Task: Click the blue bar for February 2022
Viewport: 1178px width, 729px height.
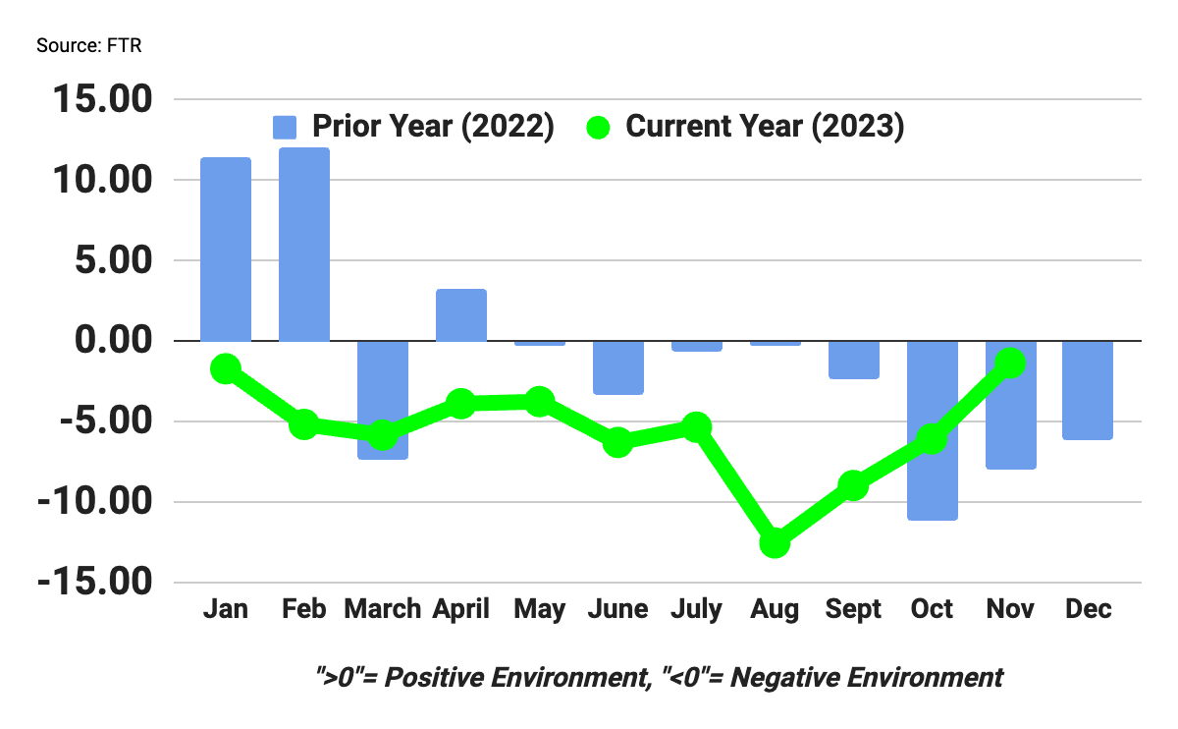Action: [303, 245]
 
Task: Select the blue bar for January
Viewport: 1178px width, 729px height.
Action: [225, 250]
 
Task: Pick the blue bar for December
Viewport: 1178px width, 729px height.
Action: [1088, 390]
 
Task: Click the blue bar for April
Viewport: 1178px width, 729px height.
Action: [460, 315]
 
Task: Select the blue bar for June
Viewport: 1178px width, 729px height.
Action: [617, 367]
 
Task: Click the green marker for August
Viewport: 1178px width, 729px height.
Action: [775, 542]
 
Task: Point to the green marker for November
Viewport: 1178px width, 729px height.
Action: [1010, 364]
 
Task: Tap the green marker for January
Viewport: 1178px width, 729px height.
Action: [225, 368]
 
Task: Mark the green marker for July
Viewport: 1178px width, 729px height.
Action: [696, 426]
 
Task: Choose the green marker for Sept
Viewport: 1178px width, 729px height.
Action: [853, 485]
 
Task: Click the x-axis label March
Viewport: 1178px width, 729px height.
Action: [382, 609]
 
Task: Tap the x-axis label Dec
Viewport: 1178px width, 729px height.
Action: [1088, 609]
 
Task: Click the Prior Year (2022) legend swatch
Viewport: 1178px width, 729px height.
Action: [285, 128]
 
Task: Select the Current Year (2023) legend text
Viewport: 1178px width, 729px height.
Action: [765, 127]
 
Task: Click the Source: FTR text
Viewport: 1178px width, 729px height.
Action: [89, 46]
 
